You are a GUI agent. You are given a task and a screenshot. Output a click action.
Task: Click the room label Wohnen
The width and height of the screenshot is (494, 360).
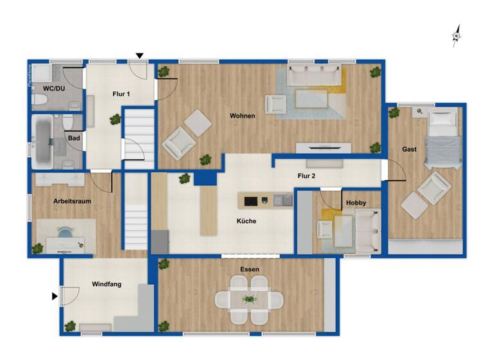pos(242,116)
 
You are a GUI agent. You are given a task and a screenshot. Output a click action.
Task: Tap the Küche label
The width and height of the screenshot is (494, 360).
pos(246,221)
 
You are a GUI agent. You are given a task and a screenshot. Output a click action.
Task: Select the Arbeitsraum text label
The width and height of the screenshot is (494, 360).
pos(71,201)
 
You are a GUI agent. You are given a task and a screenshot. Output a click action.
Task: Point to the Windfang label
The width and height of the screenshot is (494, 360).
pos(107,283)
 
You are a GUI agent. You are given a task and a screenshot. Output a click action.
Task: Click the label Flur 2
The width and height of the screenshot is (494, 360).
pos(306,175)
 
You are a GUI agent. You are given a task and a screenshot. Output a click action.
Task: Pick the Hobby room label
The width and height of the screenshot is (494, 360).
pos(356,203)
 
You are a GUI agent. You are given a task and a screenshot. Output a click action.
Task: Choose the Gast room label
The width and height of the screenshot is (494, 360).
pos(409,149)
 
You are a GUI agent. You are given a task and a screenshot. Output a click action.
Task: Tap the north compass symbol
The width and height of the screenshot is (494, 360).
pos(457,36)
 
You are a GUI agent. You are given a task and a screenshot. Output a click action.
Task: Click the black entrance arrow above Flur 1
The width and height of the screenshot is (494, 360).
pos(140,56)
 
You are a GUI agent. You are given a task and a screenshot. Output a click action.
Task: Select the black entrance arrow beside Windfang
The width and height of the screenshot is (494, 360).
pos(55,296)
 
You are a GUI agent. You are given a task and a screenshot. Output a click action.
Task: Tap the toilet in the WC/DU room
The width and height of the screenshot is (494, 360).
pos(40,100)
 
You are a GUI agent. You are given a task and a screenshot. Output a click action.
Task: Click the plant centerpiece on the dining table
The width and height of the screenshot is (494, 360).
pos(249,299)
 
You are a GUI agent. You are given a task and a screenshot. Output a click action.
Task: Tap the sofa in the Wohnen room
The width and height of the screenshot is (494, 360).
pos(315,76)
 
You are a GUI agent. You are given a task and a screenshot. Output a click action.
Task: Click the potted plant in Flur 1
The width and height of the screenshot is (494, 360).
pos(115,119)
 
